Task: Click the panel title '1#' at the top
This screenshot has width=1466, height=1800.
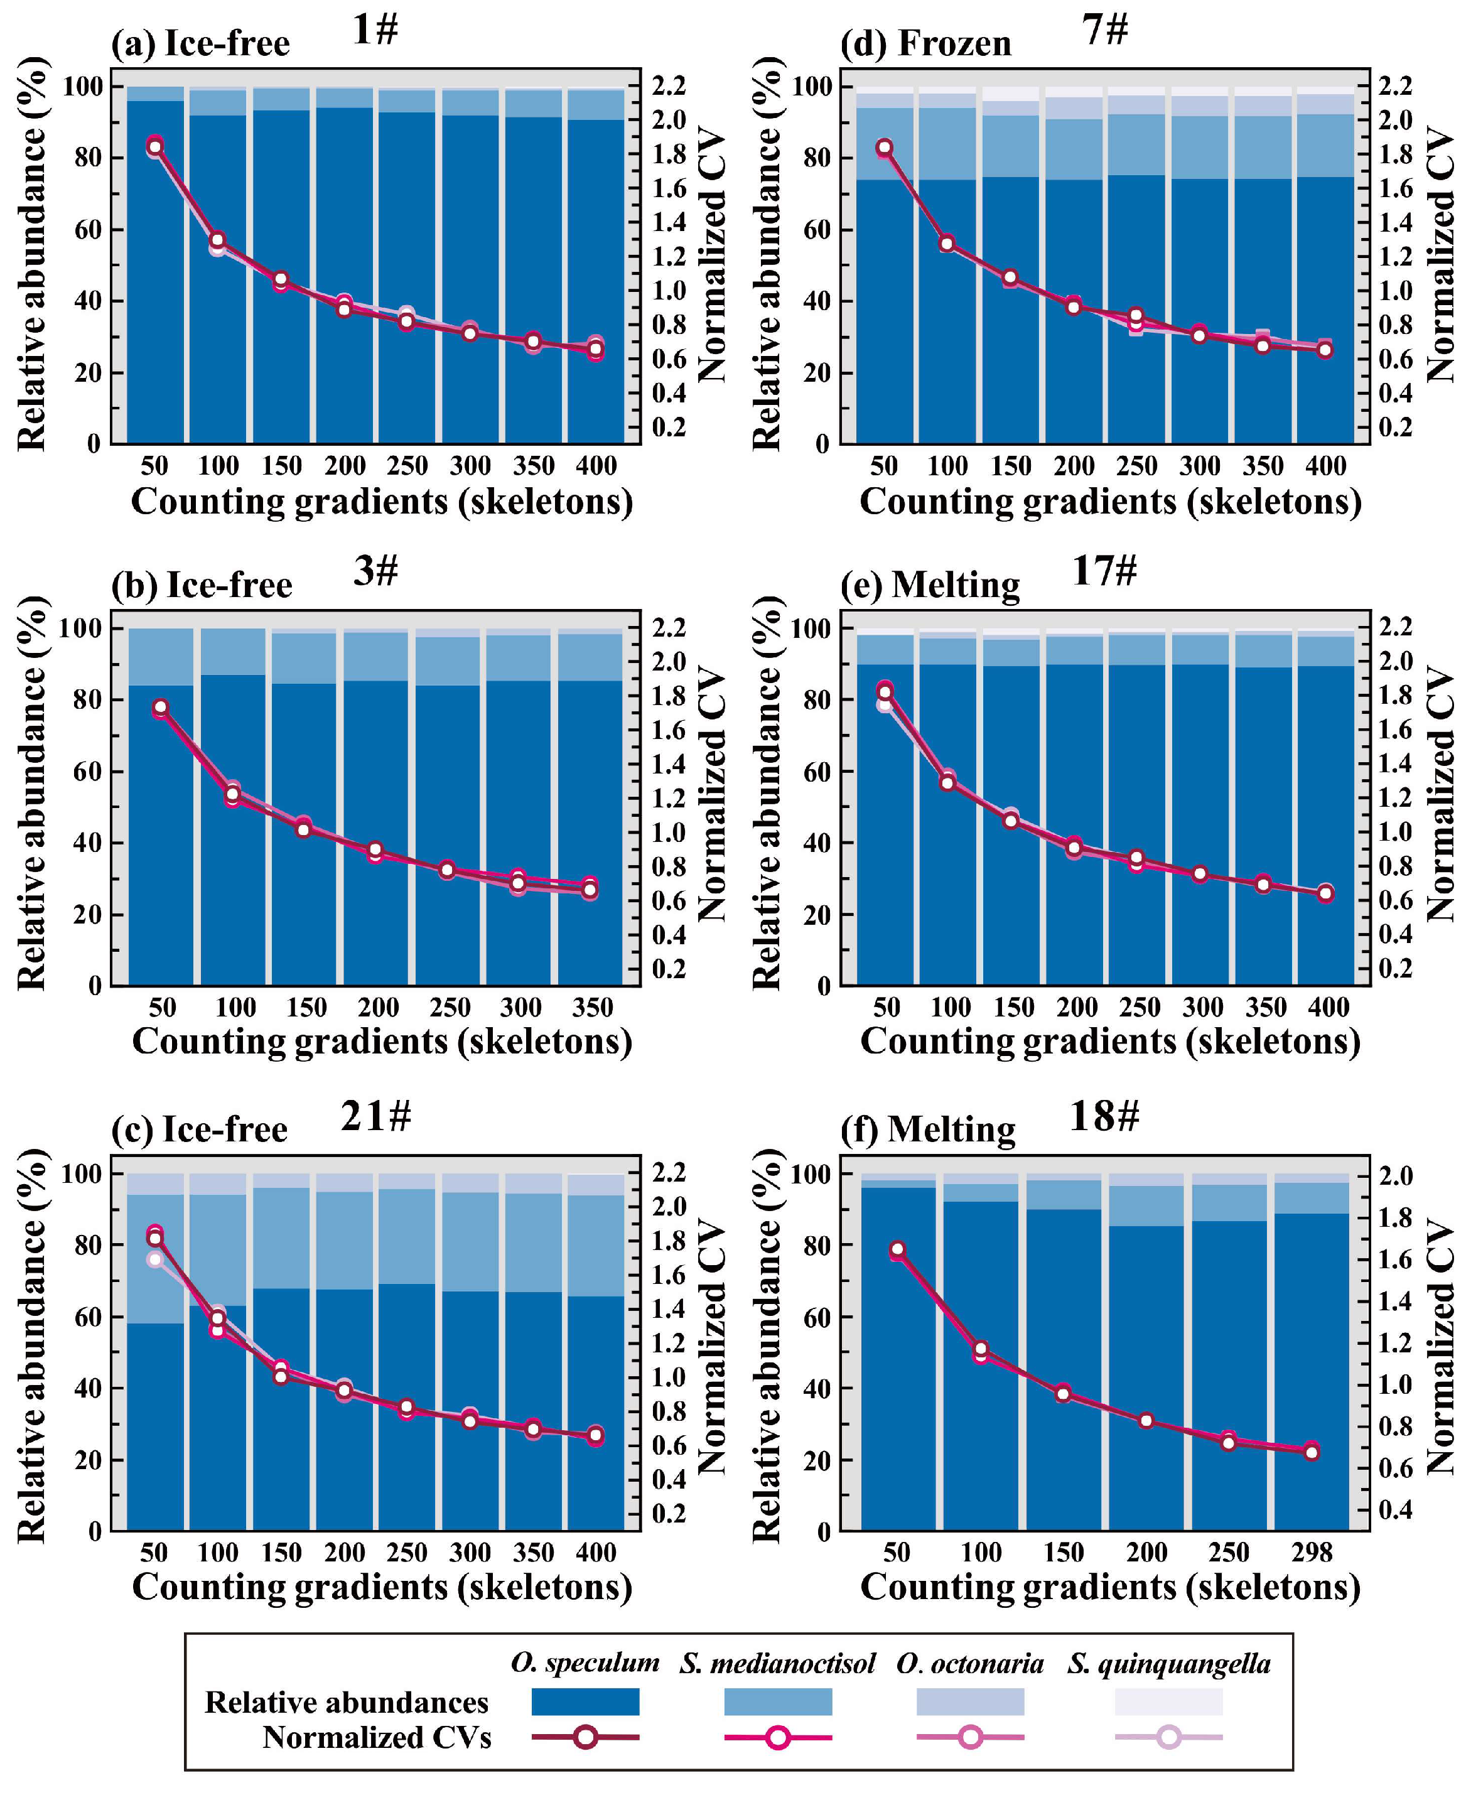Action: point(375,30)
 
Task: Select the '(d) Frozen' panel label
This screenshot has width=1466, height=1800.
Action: point(925,43)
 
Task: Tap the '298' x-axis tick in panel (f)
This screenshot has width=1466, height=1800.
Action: point(1311,1552)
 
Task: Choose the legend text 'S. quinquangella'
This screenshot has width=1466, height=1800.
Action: point(1169,1663)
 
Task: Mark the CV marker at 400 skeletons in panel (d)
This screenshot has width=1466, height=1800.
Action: point(1325,348)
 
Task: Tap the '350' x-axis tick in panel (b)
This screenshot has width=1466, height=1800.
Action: point(592,1007)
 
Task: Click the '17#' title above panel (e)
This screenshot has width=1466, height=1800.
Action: point(1104,571)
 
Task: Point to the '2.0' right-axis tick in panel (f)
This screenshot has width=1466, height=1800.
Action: point(1396,1175)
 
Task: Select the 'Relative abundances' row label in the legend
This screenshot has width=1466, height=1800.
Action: point(346,1702)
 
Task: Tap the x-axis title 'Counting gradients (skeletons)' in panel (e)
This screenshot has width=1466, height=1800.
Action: point(1111,1041)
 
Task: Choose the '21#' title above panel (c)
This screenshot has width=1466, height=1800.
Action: point(376,1116)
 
